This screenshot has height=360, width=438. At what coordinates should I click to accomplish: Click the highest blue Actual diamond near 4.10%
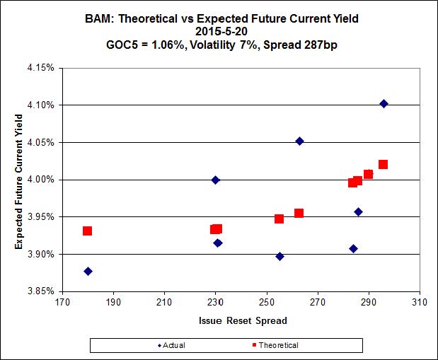(384, 104)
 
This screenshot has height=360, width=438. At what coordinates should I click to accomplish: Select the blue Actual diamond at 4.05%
(299, 141)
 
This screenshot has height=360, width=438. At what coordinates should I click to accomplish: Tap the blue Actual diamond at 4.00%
(216, 180)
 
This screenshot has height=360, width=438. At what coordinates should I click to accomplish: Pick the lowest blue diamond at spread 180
(88, 272)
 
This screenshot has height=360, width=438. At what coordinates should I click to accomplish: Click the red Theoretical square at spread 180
(87, 231)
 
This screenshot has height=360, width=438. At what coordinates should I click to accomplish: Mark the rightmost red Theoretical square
(383, 165)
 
